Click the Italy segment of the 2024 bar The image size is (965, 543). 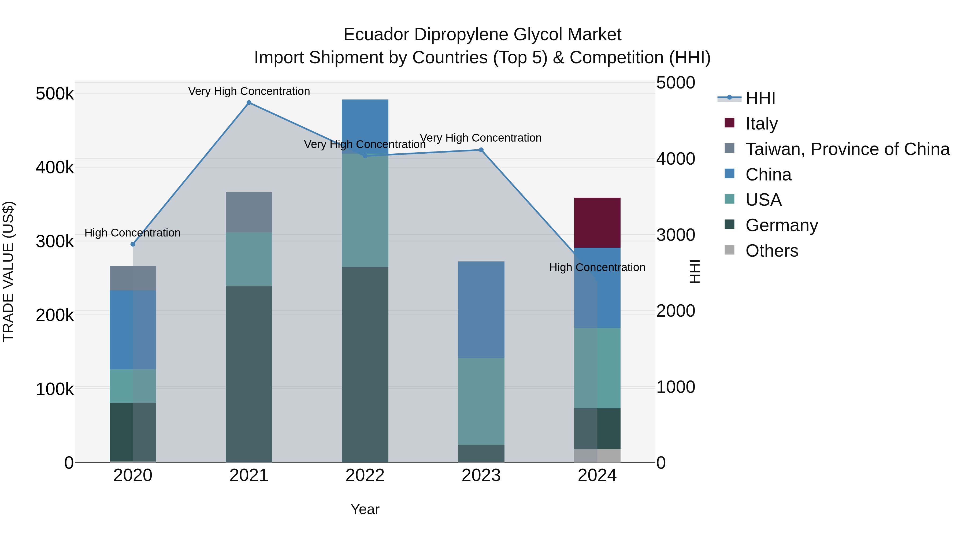(x=597, y=223)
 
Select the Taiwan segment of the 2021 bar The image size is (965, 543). (x=249, y=212)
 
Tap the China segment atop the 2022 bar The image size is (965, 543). (x=365, y=124)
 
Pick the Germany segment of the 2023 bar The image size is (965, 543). (x=481, y=453)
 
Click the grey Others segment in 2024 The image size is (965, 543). (x=597, y=456)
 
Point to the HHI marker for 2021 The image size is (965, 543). (x=249, y=103)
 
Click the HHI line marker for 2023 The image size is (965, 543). (x=481, y=150)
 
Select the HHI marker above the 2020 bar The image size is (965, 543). (x=133, y=244)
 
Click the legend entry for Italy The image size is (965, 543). (x=761, y=124)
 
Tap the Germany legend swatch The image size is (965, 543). (x=729, y=225)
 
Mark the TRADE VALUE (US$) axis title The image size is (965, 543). (x=8, y=271)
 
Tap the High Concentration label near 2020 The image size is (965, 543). (x=133, y=233)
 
